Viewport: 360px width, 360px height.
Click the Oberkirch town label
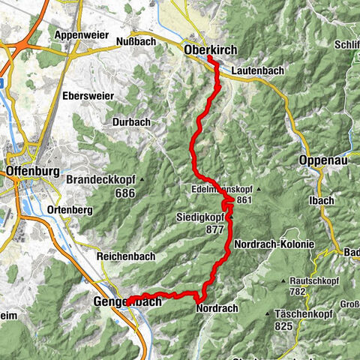click(x=209, y=49)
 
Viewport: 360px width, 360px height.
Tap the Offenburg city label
click(x=31, y=170)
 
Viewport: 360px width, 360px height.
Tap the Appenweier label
click(x=79, y=34)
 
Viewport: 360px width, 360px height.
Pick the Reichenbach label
click(x=125, y=256)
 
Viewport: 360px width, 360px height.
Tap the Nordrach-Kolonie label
click(x=273, y=245)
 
